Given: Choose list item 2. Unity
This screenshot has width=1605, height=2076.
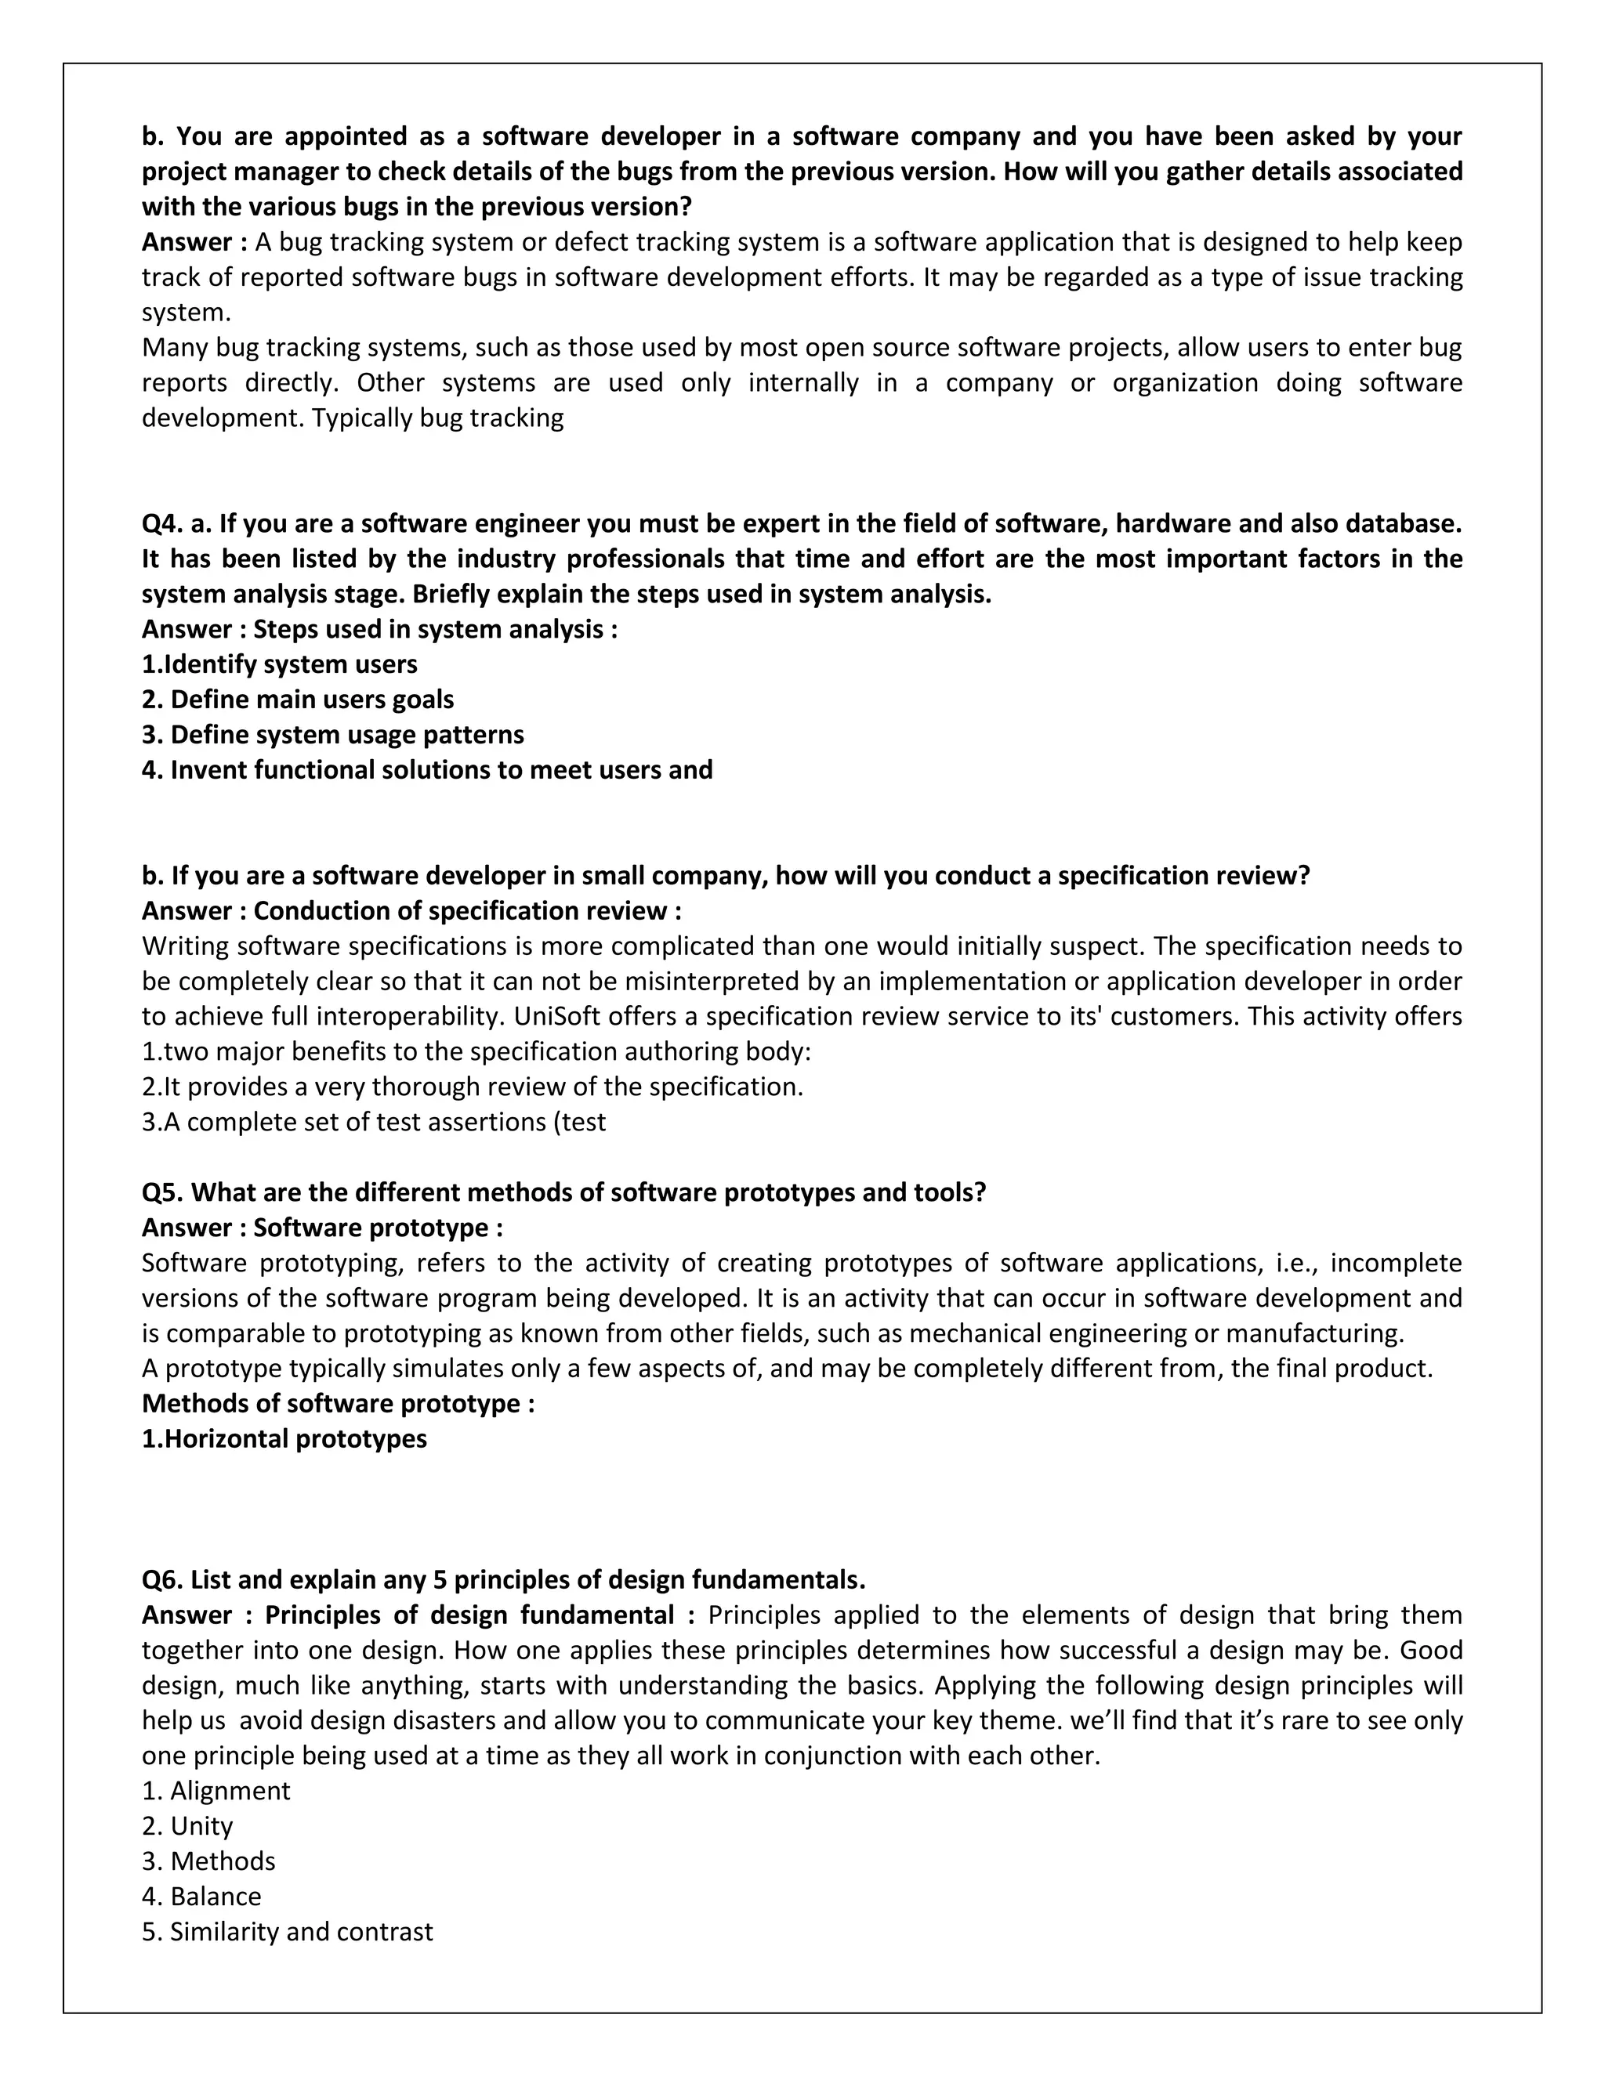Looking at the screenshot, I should tap(187, 1825).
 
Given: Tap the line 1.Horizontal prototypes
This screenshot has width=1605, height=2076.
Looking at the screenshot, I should tap(284, 1438).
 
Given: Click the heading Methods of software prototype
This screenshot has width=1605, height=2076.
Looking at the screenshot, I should tap(338, 1403).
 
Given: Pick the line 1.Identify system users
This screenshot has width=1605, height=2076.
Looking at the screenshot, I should tap(280, 664).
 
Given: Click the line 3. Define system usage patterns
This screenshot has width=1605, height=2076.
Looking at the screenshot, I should tap(333, 734).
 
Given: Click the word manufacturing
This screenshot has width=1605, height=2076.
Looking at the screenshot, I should tap(1325, 1333).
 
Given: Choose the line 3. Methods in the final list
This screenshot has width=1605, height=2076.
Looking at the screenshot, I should tap(208, 1861).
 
